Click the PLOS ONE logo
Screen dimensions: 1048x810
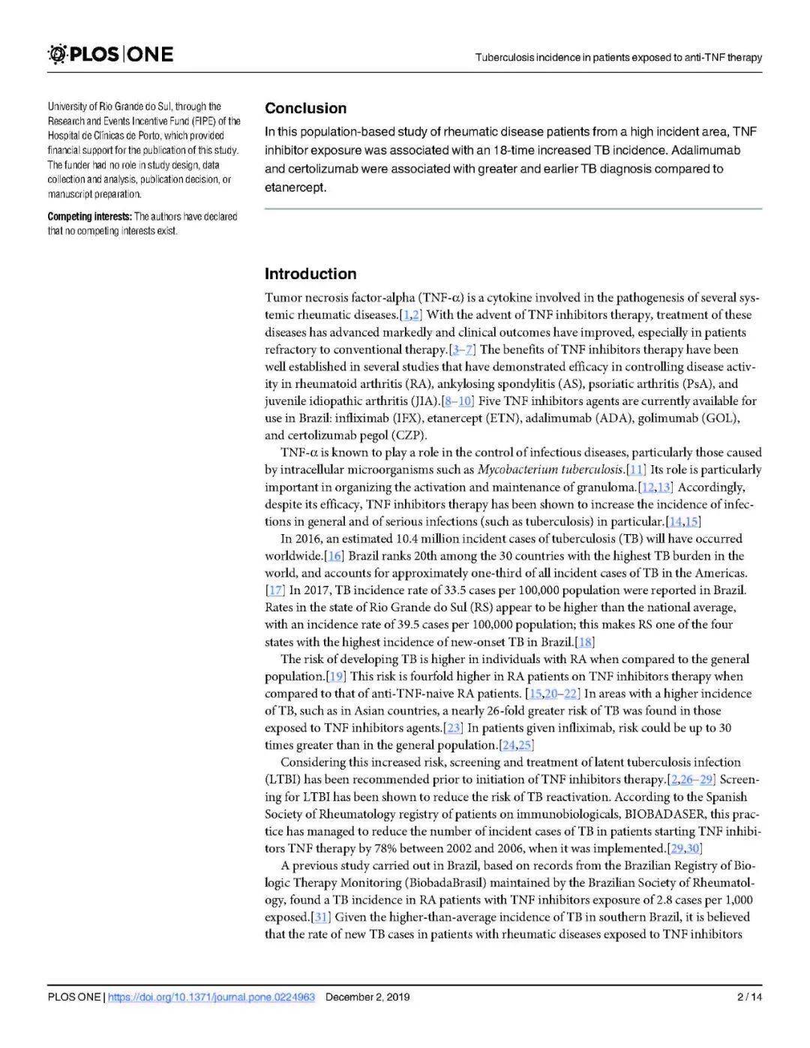(110, 54)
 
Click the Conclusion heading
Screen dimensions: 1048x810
(305, 108)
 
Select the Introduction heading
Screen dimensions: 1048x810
(310, 274)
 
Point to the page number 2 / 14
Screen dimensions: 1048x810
(750, 997)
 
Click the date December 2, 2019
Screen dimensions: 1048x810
(367, 997)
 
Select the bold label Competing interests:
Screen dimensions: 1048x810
(89, 216)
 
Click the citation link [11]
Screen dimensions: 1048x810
(636, 470)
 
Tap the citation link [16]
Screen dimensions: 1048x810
(334, 556)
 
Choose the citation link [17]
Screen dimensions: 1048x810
(275, 590)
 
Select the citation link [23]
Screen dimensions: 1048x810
(453, 728)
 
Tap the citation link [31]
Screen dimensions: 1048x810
(321, 917)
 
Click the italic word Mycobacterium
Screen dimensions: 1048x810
(514, 470)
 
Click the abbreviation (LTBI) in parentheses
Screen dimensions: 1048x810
(283, 779)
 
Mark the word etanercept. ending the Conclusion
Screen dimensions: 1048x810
(295, 188)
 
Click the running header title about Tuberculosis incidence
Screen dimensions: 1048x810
(619, 57)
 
